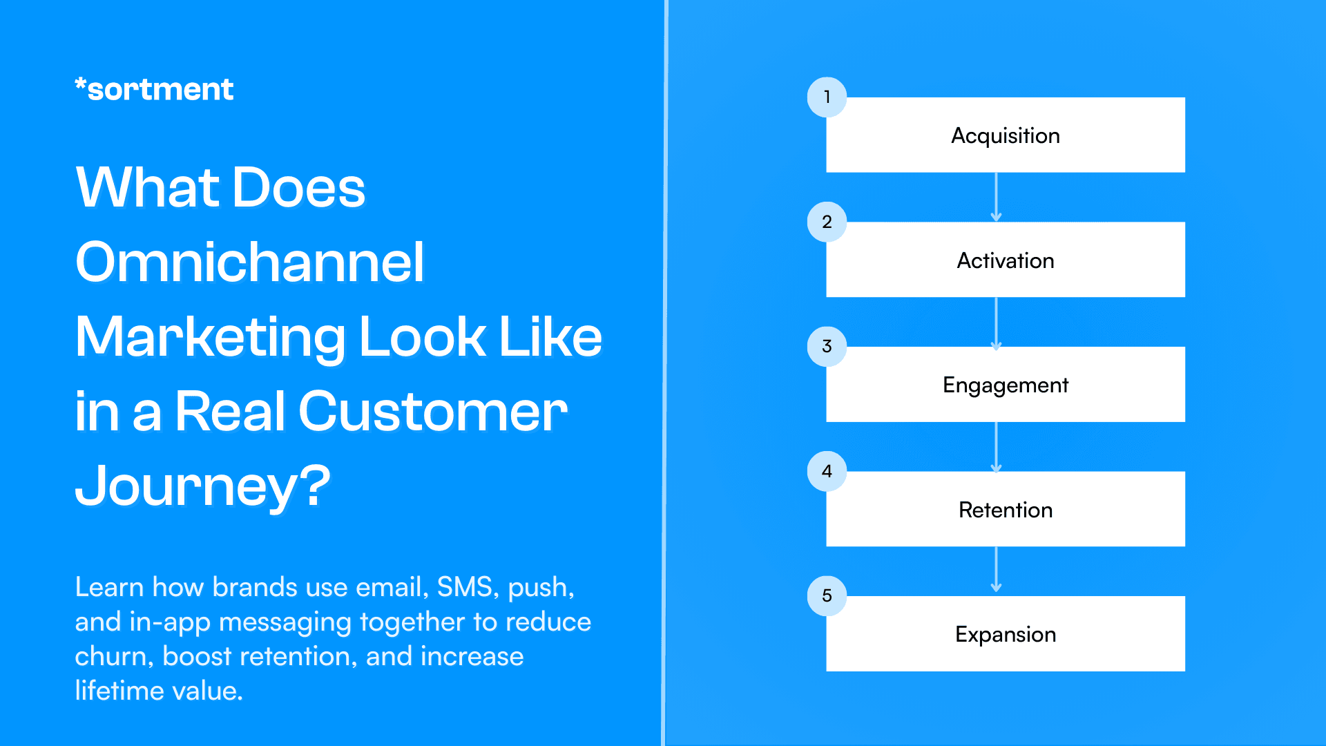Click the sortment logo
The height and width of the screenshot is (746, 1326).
[x=154, y=90]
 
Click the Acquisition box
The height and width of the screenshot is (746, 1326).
[x=1006, y=135]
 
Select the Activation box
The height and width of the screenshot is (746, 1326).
[x=1006, y=260]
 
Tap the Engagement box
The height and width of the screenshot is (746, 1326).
[x=1006, y=385]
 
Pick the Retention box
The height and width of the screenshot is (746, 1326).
[x=1006, y=509]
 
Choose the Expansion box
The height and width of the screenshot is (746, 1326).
[x=1006, y=634]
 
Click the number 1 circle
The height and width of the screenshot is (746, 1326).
[x=827, y=97]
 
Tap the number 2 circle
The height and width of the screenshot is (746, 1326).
[x=827, y=222]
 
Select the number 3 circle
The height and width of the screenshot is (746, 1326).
[x=827, y=346]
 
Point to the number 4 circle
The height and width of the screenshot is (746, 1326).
[x=827, y=471]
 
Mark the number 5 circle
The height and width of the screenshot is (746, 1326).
[x=827, y=595]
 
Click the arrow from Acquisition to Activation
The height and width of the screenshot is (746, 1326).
[x=996, y=197]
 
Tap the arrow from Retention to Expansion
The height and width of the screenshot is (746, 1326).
[x=996, y=570]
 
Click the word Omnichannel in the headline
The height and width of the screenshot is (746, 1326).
[x=249, y=262]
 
